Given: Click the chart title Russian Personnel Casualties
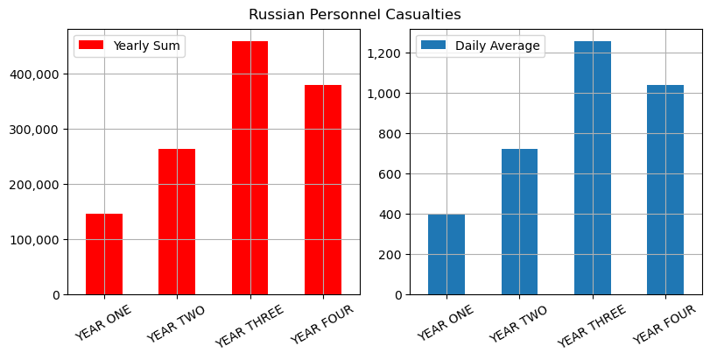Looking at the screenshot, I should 355,15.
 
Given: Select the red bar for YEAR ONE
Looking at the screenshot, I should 104,254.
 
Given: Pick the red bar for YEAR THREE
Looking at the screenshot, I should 250,167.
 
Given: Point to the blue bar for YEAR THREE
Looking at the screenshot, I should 593,167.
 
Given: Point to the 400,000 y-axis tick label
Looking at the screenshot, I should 35,74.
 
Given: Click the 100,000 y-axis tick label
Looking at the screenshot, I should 35,240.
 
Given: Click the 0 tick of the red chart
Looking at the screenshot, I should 55,295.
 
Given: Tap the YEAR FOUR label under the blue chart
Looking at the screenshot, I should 664,323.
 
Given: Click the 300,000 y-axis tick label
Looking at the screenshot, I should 35,130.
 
